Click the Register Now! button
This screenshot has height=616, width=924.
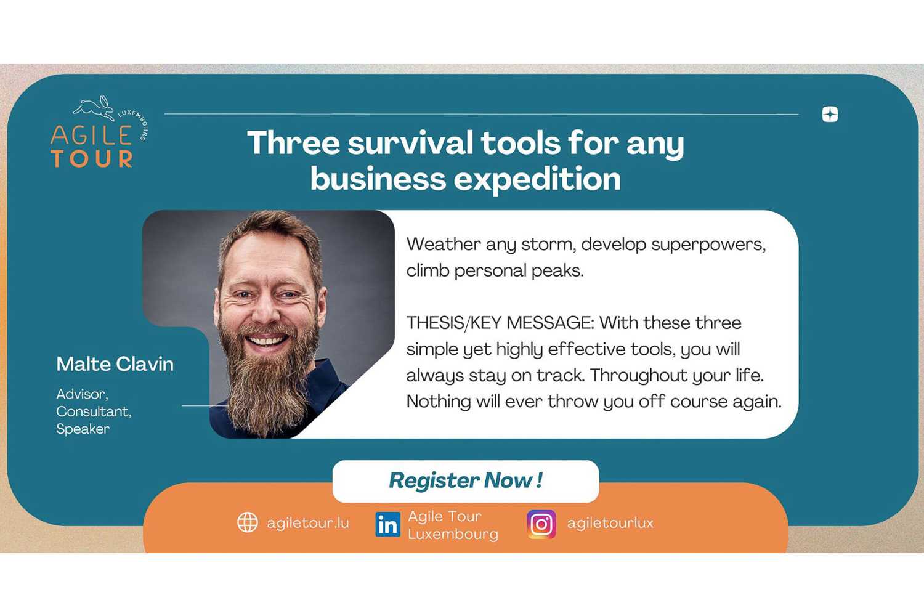coord(465,480)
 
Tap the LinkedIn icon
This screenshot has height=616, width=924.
coord(387,524)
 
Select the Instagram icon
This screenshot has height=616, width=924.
coord(541,524)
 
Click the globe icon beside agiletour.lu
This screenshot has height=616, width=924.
coord(248,522)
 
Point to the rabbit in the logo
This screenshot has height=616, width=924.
coord(94,108)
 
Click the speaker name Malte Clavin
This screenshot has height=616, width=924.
coord(115,364)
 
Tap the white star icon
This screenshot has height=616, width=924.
coord(830,115)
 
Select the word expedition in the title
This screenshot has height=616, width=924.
coord(537,179)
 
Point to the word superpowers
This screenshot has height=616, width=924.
coord(708,245)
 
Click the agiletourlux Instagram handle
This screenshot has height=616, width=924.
coord(610,523)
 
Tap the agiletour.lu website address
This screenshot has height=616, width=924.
coord(308,523)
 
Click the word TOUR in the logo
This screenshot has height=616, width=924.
coord(92,158)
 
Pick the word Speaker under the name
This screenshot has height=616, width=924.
coord(83,429)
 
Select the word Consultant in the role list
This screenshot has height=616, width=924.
coord(94,411)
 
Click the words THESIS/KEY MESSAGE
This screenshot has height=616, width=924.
coord(500,323)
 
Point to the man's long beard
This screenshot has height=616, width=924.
coord(268,379)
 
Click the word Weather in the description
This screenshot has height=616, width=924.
coord(444,245)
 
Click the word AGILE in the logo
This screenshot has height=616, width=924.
coord(91,135)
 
